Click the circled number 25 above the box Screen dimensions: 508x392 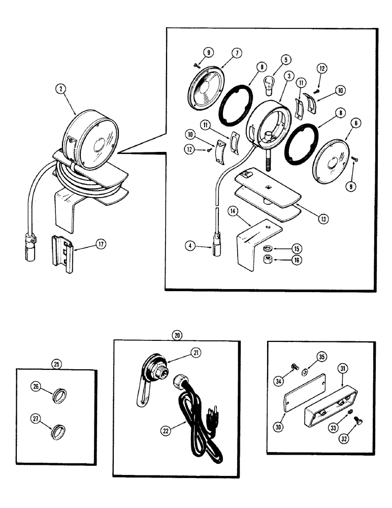[x=56, y=364]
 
